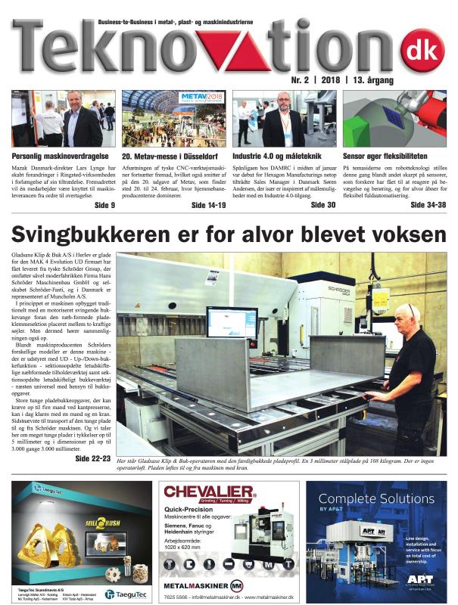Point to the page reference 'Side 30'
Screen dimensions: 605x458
tap(322, 205)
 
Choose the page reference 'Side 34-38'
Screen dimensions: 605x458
tap(428, 205)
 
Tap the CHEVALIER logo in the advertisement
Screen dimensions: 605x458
tap(210, 493)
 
